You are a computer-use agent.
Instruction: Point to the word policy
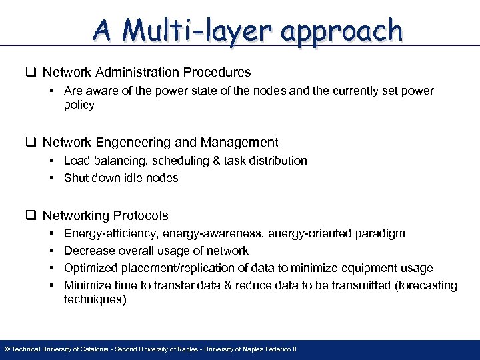[79, 105]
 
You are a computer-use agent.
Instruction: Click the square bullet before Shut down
[52, 178]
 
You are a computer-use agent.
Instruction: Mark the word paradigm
[380, 233]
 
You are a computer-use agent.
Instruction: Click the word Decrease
[89, 251]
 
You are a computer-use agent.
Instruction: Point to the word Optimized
[91, 268]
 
